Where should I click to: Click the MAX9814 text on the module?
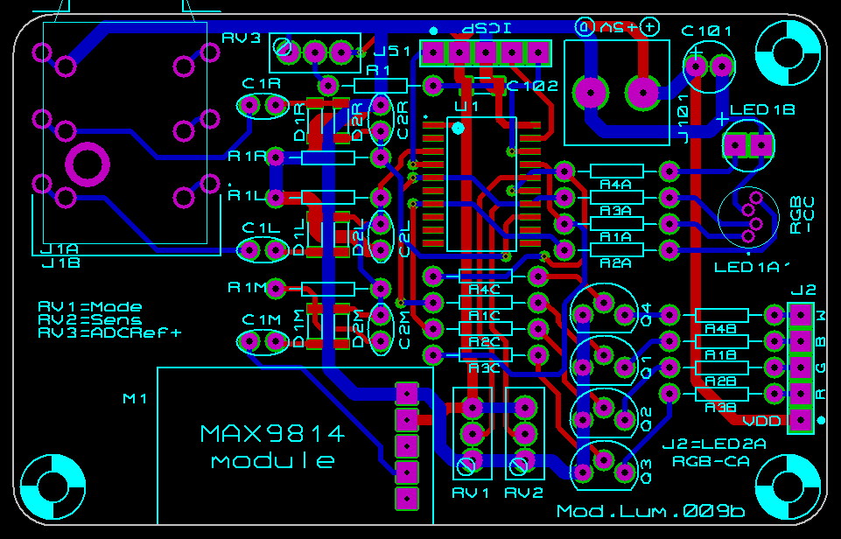point(272,433)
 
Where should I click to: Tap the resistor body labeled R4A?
point(616,171)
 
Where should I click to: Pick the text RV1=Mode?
point(90,307)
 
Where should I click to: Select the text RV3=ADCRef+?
point(110,332)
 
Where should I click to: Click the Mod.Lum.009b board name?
point(650,511)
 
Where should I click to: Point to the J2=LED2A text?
point(714,444)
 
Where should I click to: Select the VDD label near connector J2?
point(767,421)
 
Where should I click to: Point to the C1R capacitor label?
point(263,84)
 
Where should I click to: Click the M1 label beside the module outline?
point(136,399)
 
